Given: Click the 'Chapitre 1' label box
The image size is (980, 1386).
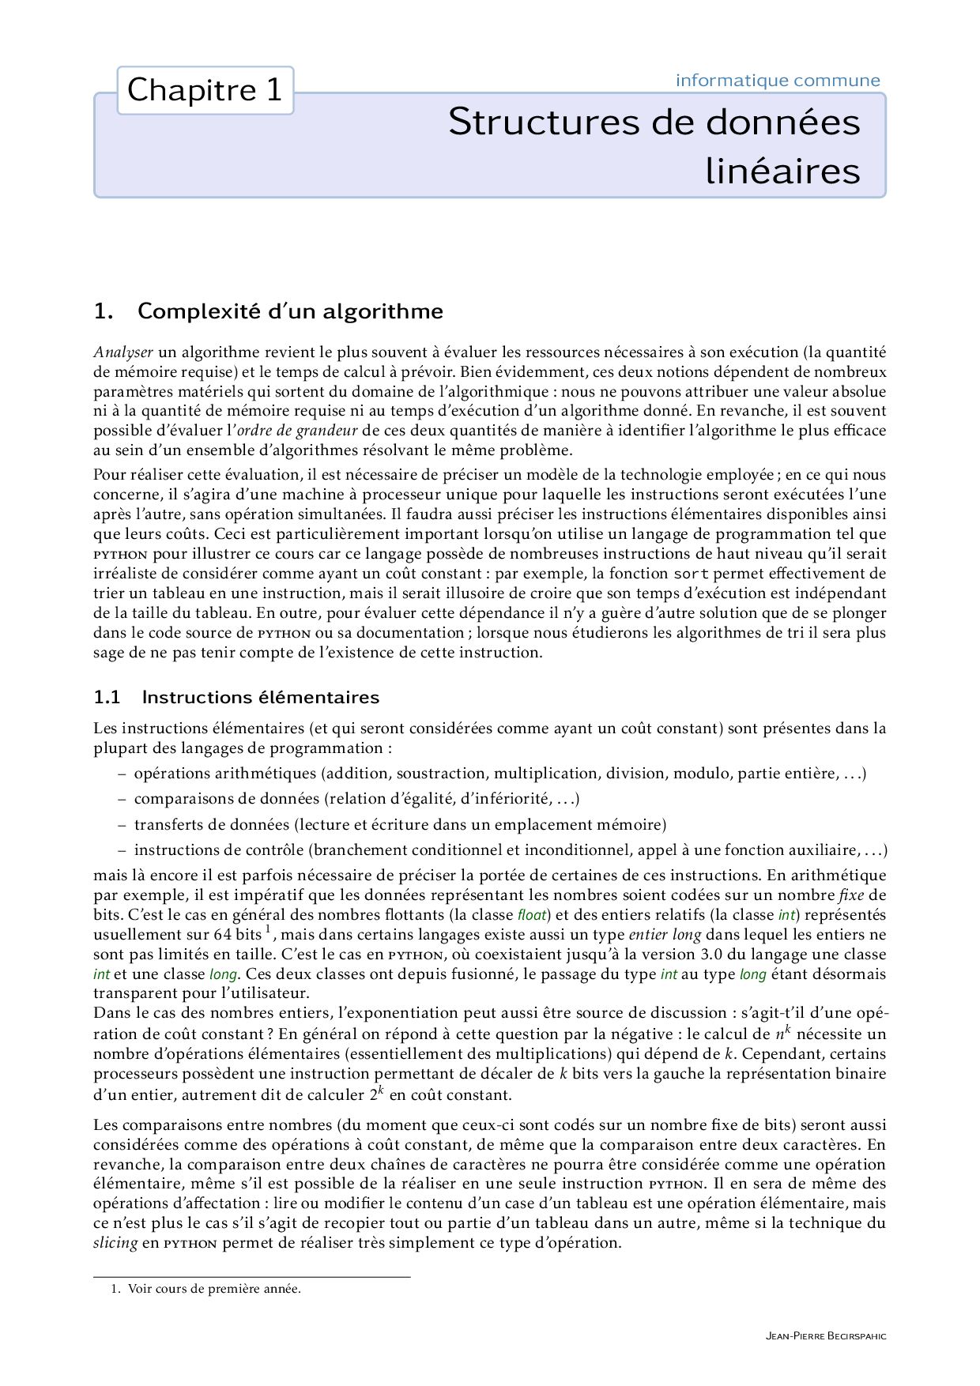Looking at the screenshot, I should (205, 91).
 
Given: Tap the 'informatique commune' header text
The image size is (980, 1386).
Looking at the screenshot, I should (777, 81).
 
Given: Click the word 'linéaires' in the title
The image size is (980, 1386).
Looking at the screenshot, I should (782, 171).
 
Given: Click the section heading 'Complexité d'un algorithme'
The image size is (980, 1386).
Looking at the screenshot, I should (289, 311).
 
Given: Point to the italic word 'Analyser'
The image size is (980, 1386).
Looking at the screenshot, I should (122, 352).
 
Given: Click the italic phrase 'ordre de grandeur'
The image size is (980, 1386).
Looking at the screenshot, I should (297, 431).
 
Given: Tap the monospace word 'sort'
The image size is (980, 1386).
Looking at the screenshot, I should (691, 574).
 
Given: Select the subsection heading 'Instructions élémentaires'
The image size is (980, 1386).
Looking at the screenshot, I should (260, 697).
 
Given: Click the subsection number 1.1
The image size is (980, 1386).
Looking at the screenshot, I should (107, 697).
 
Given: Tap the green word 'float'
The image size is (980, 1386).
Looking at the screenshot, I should (532, 915).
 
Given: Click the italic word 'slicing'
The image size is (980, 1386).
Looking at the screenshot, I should (115, 1243).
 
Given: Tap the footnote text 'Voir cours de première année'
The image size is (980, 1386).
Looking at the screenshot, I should (214, 1289).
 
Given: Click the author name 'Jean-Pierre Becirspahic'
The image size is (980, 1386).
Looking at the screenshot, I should (826, 1336).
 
